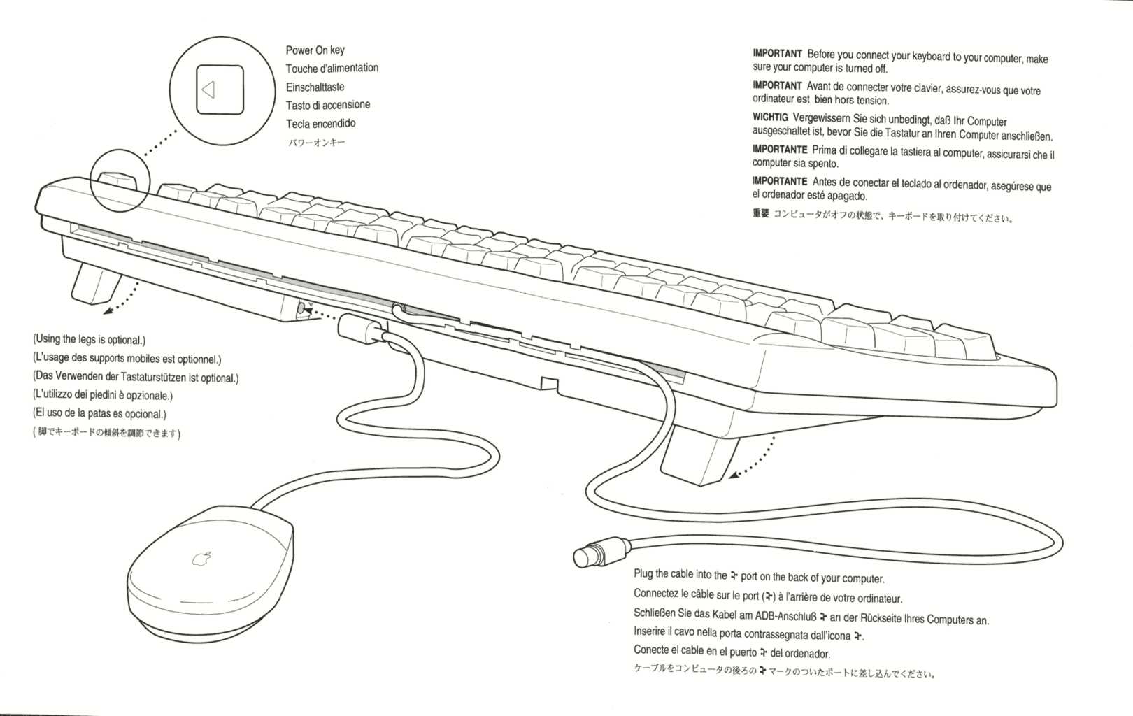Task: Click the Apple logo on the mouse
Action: point(203,559)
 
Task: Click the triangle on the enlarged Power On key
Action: point(208,89)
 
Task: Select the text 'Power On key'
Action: point(315,50)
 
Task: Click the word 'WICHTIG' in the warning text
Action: point(770,117)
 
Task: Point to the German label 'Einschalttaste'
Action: point(315,87)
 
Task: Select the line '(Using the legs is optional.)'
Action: point(89,340)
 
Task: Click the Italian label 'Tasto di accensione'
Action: point(327,106)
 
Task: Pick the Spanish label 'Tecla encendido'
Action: point(320,124)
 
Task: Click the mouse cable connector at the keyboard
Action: point(359,328)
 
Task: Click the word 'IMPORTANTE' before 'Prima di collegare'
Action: point(780,150)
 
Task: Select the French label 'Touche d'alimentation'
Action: point(332,69)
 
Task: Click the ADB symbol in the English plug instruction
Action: point(734,575)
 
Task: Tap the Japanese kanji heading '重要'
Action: point(760,214)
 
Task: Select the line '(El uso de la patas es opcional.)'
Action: point(99,414)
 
